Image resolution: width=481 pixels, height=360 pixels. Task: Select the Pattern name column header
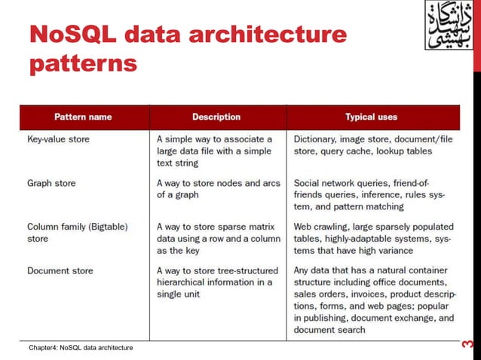[83, 117]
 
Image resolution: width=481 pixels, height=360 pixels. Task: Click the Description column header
[216, 117]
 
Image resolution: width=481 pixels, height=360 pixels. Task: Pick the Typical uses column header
[371, 117]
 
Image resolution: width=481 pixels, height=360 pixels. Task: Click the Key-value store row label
[59, 139]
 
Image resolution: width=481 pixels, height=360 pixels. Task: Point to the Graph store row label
[51, 183]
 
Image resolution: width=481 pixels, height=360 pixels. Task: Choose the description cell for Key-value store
[214, 151]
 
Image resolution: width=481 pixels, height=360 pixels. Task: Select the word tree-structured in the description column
[241, 270]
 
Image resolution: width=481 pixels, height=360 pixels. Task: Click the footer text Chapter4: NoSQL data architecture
[81, 347]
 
